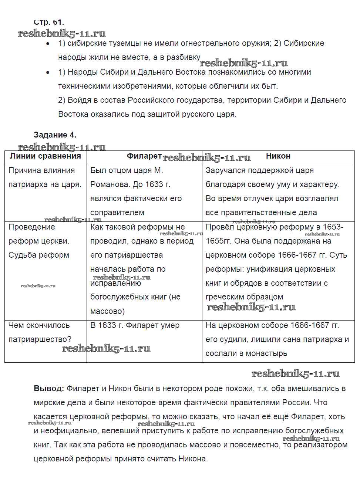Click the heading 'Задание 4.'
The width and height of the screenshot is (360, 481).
(55, 135)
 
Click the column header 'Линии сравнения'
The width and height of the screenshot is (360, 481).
(45, 156)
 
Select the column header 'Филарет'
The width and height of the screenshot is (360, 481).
(144, 156)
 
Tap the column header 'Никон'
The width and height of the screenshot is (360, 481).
(278, 156)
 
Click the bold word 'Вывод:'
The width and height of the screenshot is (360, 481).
(49, 389)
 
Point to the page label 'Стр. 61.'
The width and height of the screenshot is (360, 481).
(48, 22)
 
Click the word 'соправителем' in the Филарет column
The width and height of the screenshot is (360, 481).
(117, 213)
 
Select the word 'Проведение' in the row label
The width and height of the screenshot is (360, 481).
(31, 227)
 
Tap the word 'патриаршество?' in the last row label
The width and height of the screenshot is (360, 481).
(40, 339)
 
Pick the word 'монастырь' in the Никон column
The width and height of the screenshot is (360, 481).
(266, 353)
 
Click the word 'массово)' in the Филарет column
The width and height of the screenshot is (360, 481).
(107, 311)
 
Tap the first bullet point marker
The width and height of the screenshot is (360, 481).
(48, 44)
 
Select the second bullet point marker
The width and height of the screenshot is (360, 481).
(48, 72)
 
